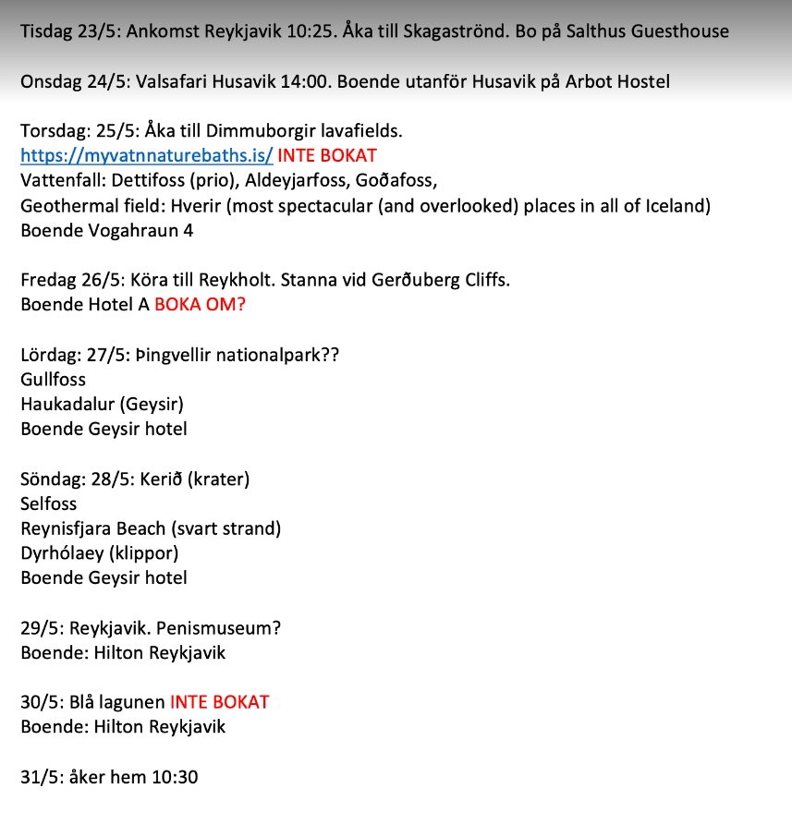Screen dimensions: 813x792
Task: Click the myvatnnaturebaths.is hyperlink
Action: coord(146,155)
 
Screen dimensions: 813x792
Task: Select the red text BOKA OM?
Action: coord(200,304)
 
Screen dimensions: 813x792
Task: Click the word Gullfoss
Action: coord(53,379)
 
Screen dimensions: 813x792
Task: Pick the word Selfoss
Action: coord(49,504)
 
